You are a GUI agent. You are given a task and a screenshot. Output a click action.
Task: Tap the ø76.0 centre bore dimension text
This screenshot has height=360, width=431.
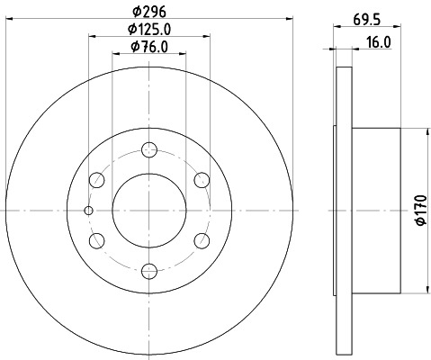(x=148, y=47)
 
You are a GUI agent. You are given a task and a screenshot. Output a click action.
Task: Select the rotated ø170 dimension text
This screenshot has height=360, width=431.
(x=420, y=211)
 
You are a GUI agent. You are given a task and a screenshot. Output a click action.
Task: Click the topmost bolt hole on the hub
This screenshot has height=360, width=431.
(x=149, y=150)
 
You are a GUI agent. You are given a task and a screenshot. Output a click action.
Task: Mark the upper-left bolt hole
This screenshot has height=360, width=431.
(x=98, y=180)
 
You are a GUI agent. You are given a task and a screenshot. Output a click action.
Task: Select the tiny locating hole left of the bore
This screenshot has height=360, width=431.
(x=88, y=211)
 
